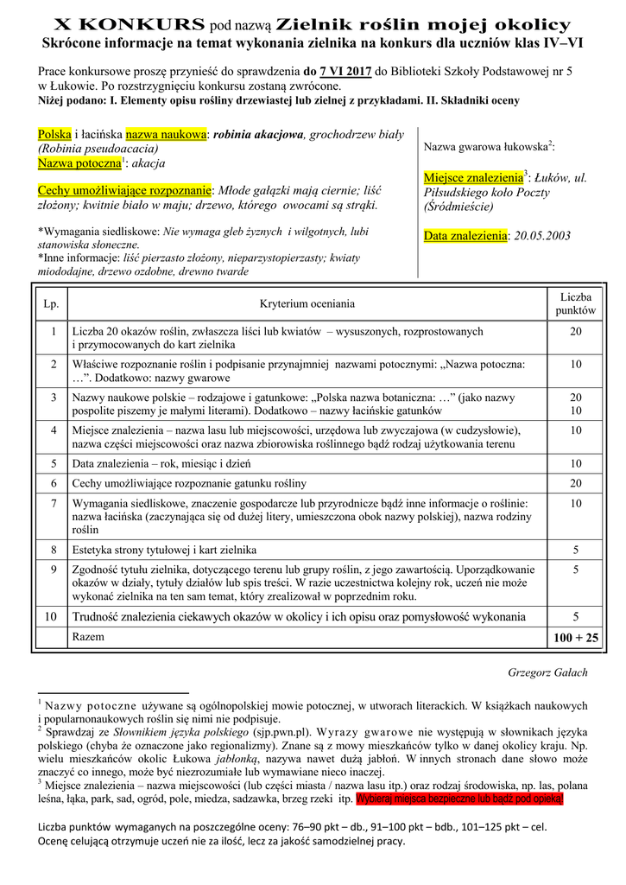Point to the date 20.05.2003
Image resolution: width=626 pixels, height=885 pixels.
(x=542, y=236)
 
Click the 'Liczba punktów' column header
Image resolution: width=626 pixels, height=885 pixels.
(x=576, y=303)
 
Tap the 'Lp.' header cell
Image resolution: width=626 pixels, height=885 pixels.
(x=52, y=303)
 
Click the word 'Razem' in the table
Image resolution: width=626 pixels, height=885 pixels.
(x=89, y=636)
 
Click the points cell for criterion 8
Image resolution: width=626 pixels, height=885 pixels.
(x=576, y=549)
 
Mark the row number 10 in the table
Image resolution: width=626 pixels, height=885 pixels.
(x=52, y=617)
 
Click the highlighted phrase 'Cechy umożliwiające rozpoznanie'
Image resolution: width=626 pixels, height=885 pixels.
(x=125, y=191)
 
